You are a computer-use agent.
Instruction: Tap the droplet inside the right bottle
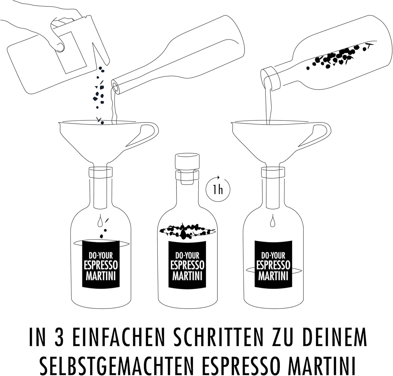(273, 222)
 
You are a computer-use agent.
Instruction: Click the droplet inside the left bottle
(100, 222)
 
